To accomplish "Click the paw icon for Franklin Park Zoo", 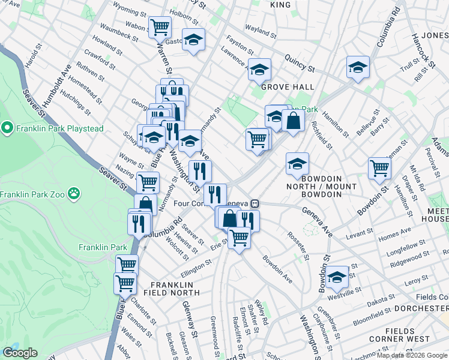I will (x=73, y=193).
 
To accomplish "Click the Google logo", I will (x=20, y=353).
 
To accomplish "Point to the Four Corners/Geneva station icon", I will (x=255, y=203).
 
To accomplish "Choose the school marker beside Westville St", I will (x=338, y=277).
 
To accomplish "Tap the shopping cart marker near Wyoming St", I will (x=160, y=26).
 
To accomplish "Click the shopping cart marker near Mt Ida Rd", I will (x=379, y=167).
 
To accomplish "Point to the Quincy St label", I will (x=300, y=62).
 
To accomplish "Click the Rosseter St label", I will (x=298, y=246).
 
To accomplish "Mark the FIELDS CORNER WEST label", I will (x=407, y=335).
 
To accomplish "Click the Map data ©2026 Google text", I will (x=412, y=355).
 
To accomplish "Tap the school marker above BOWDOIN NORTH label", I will (x=297, y=163).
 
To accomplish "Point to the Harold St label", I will (x=32, y=58).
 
